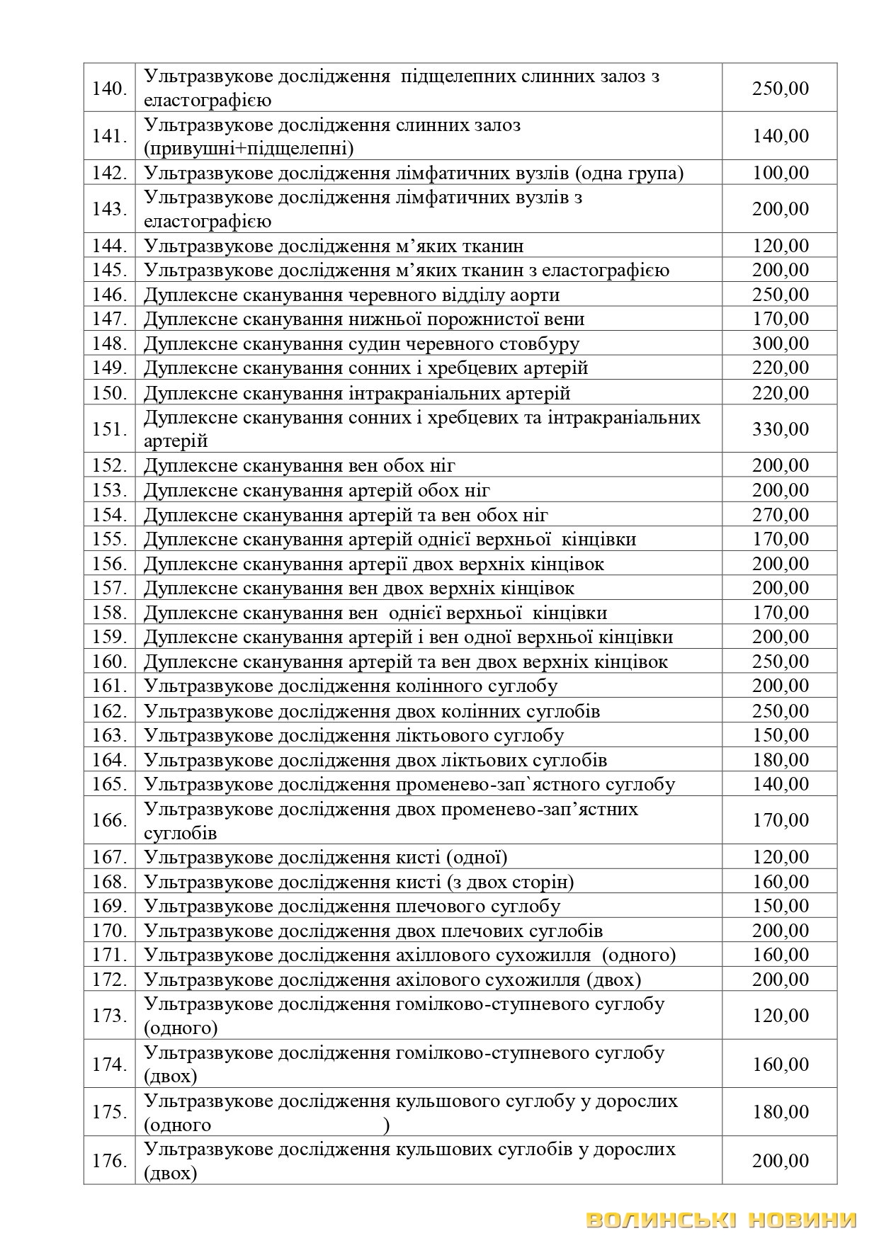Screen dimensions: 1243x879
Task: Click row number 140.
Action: tap(109, 89)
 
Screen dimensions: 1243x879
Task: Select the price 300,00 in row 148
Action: tap(780, 344)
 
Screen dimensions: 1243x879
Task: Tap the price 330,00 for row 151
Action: tap(780, 428)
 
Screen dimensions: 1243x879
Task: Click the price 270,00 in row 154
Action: tap(780, 515)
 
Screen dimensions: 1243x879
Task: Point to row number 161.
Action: tap(109, 686)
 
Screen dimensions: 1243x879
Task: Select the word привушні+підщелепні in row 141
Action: tap(249, 149)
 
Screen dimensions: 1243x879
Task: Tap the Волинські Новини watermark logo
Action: tap(721, 1220)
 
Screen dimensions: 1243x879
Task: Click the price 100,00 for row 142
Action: tap(780, 173)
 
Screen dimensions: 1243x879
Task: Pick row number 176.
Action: tap(109, 1161)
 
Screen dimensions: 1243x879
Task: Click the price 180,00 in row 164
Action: tap(780, 760)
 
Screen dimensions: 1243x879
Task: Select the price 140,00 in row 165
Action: tap(780, 784)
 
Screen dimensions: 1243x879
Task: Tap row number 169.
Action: tap(109, 906)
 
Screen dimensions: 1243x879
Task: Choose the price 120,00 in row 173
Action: tap(780, 1016)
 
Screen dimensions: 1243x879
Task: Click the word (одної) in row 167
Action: tap(477, 858)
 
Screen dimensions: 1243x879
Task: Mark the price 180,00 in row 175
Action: tap(780, 1112)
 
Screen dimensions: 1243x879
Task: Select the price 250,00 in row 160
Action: tap(780, 662)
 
